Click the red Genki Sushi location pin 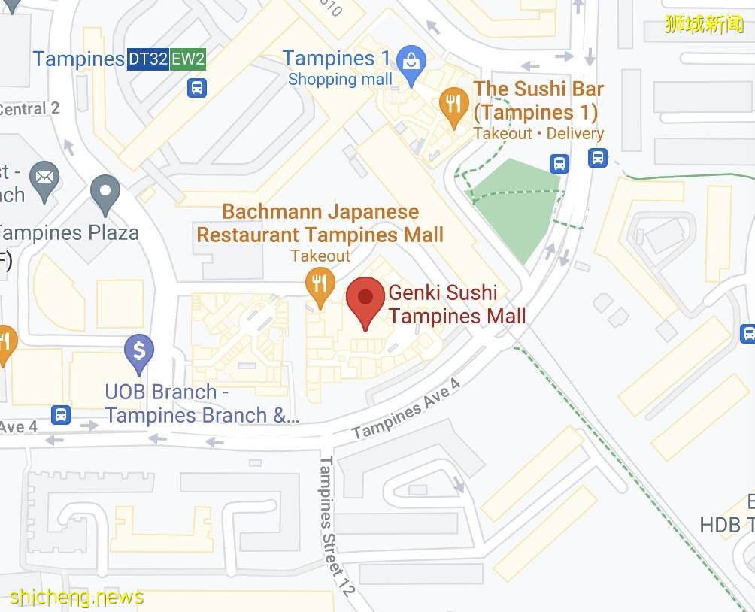(365, 298)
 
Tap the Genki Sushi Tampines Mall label (456, 304)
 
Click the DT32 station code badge (147, 59)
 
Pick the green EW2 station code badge (188, 59)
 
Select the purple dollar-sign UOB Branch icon (139, 351)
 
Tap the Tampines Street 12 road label (336, 526)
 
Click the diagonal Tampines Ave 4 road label (406, 410)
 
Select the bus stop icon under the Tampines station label (197, 88)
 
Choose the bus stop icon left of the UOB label (62, 414)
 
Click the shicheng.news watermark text (77, 598)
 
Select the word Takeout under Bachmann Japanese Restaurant (320, 256)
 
